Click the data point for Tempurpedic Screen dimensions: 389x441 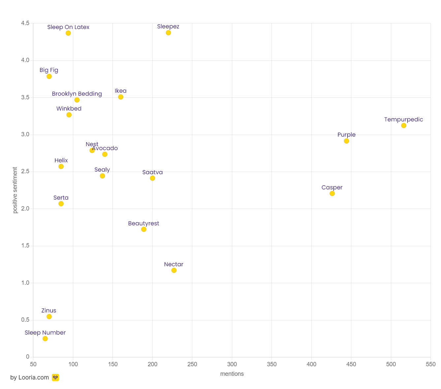pos(403,125)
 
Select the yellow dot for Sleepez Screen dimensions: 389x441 pos(168,33)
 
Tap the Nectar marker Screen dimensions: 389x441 pos(174,270)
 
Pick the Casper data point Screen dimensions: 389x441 pos(332,193)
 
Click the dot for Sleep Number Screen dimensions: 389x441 pos(45,339)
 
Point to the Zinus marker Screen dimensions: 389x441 pos(49,316)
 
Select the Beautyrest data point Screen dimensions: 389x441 pos(143,229)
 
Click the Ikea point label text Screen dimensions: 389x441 pos(120,91)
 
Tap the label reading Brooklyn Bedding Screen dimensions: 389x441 pos(77,94)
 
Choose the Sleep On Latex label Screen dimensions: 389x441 pos(68,27)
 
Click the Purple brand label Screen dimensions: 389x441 pos(346,135)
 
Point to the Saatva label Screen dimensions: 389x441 pos(152,172)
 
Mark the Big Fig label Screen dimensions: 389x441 pos(49,70)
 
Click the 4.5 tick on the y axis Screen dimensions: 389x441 pos(25,23)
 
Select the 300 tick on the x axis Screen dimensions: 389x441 pos(232,364)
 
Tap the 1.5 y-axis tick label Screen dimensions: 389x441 pos(25,246)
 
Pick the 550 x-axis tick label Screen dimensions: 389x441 pos(430,364)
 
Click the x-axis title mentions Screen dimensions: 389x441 pos(232,374)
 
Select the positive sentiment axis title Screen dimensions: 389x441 pos(15,190)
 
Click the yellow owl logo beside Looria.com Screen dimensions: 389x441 pos(55,377)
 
